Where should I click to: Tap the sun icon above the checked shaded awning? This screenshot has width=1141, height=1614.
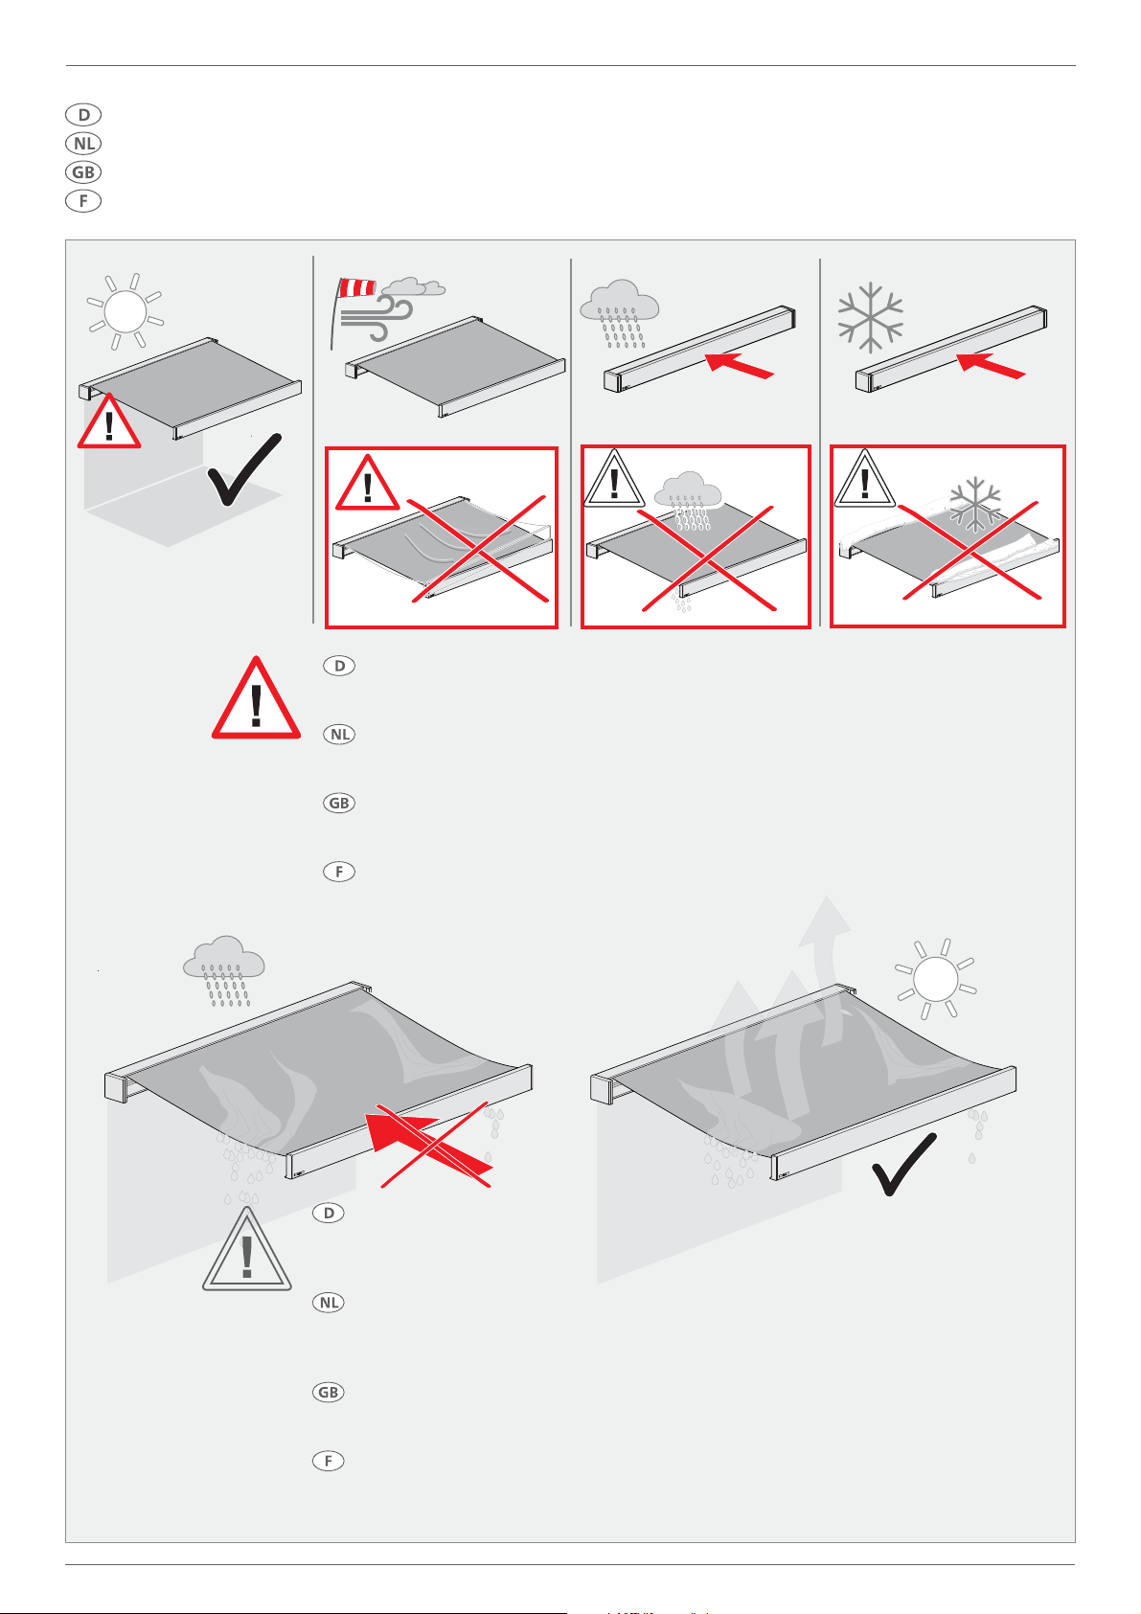[x=126, y=311]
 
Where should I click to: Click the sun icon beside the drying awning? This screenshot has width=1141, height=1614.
[x=936, y=979]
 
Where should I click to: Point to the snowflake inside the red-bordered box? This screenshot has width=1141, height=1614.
[x=975, y=504]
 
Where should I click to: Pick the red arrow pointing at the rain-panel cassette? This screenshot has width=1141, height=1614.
[x=739, y=365]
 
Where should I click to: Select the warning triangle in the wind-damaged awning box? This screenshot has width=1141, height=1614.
[x=367, y=484]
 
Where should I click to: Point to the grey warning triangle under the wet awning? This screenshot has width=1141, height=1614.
[x=247, y=1252]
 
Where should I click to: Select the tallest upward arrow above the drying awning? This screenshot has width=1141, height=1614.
[x=823, y=958]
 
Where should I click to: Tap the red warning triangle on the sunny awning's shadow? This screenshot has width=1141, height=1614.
[x=109, y=422]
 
